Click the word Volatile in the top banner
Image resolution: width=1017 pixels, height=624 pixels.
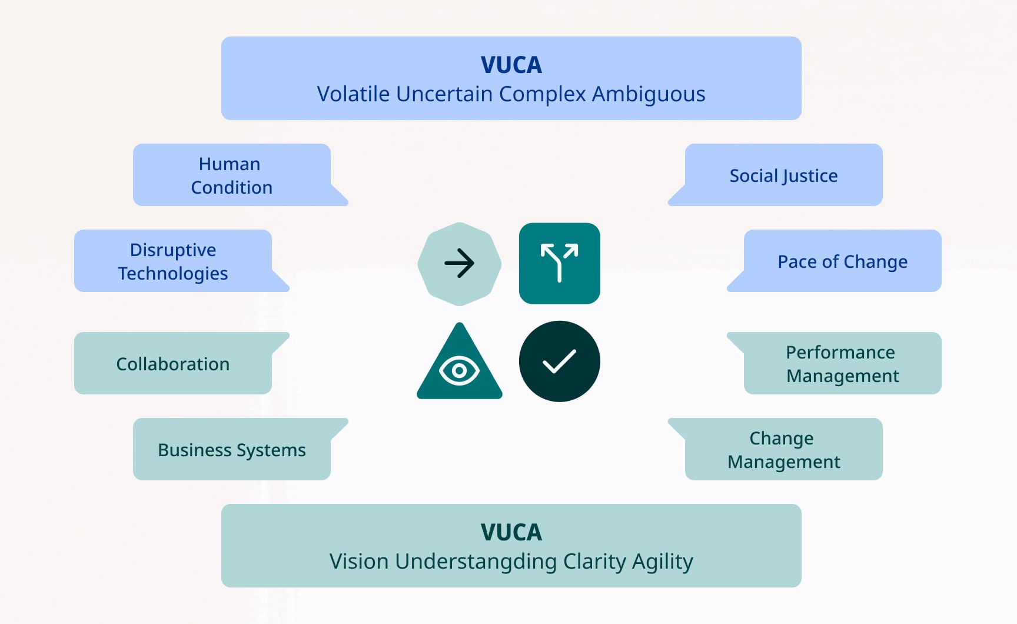[x=354, y=94]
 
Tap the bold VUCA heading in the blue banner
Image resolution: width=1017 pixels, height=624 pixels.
[x=511, y=65]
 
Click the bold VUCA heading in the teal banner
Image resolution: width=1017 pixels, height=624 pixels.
[x=511, y=532]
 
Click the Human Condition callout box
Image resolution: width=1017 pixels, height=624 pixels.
[x=232, y=175]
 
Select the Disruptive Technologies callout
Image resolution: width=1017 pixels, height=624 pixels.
[x=173, y=261]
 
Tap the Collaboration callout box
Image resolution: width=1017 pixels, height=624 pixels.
[x=173, y=364]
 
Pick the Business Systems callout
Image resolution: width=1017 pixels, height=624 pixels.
[x=232, y=450]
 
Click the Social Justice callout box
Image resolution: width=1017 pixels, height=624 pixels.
[x=783, y=175]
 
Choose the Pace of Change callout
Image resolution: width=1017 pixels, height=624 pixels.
[x=842, y=261]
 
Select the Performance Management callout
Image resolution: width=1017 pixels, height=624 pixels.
[x=842, y=364]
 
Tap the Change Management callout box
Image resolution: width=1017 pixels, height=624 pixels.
[x=783, y=450]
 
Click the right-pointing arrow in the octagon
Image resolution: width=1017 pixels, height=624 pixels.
[x=459, y=263]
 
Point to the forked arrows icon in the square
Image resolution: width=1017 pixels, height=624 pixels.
[x=559, y=263]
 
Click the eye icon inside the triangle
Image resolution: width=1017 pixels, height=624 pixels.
[x=459, y=371]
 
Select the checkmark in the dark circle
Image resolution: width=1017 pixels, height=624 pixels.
[x=559, y=361]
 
